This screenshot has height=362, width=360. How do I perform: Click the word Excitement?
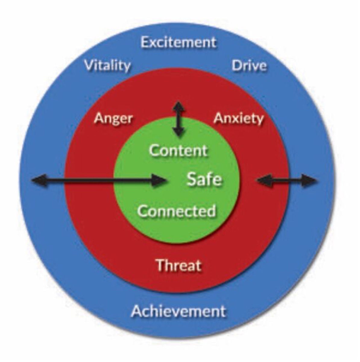[x=178, y=43]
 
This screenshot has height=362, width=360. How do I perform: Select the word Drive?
[x=249, y=66]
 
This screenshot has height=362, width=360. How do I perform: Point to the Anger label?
[x=113, y=118]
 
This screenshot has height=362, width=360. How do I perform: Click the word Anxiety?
[x=238, y=119]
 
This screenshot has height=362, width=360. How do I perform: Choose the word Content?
[x=178, y=150]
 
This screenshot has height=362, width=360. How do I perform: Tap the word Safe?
[x=204, y=179]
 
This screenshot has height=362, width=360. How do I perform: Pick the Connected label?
[x=177, y=211]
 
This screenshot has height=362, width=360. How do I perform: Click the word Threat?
[x=179, y=265]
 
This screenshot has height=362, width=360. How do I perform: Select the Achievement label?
[x=178, y=311]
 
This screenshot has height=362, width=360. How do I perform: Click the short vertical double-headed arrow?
[x=179, y=119]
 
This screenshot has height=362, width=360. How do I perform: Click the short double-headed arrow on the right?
[x=286, y=181]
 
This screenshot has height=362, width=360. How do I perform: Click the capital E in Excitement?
[x=145, y=43]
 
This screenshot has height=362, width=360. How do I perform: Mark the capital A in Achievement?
[x=137, y=311]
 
